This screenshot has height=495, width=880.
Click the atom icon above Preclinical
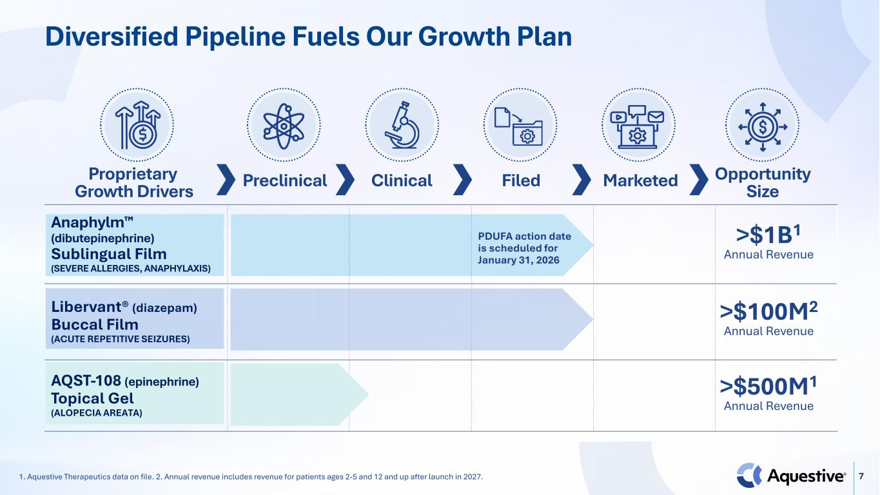[284, 126]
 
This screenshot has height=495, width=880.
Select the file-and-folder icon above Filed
[518, 126]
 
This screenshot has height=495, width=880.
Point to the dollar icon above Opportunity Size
[763, 127]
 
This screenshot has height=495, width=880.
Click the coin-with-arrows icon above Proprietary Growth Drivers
[138, 125]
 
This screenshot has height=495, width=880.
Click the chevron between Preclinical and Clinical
[345, 180]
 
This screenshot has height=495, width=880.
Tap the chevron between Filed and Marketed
[582, 180]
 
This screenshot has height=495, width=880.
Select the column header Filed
[521, 180]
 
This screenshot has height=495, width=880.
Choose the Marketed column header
[640, 180]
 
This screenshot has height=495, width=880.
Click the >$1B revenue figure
[768, 235]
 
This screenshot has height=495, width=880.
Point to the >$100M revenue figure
[768, 311]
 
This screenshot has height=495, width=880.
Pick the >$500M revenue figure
[768, 387]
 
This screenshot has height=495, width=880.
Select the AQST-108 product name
[86, 381]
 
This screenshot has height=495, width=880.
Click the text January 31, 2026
[518, 260]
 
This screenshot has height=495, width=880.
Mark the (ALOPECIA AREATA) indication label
[97, 413]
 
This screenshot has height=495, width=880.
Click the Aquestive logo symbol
[748, 475]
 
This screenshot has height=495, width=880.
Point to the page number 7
[861, 476]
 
